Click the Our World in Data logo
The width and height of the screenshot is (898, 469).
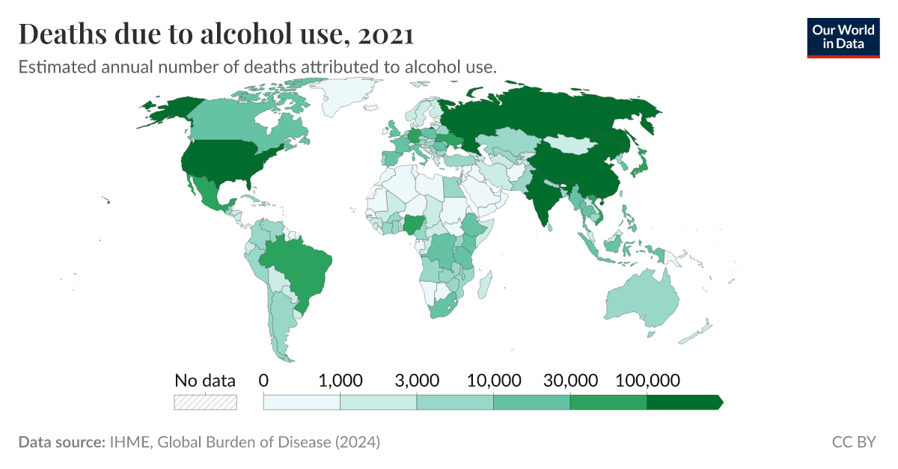point(843,37)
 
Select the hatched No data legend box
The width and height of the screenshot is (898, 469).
point(205,402)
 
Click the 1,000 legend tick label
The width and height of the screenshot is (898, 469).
point(340,380)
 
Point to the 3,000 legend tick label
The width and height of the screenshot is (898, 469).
point(417,380)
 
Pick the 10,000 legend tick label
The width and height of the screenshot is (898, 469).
point(493,380)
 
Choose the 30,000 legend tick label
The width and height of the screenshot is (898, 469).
point(570,380)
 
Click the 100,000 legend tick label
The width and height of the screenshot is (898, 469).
point(647,380)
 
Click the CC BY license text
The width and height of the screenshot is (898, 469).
point(854,442)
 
